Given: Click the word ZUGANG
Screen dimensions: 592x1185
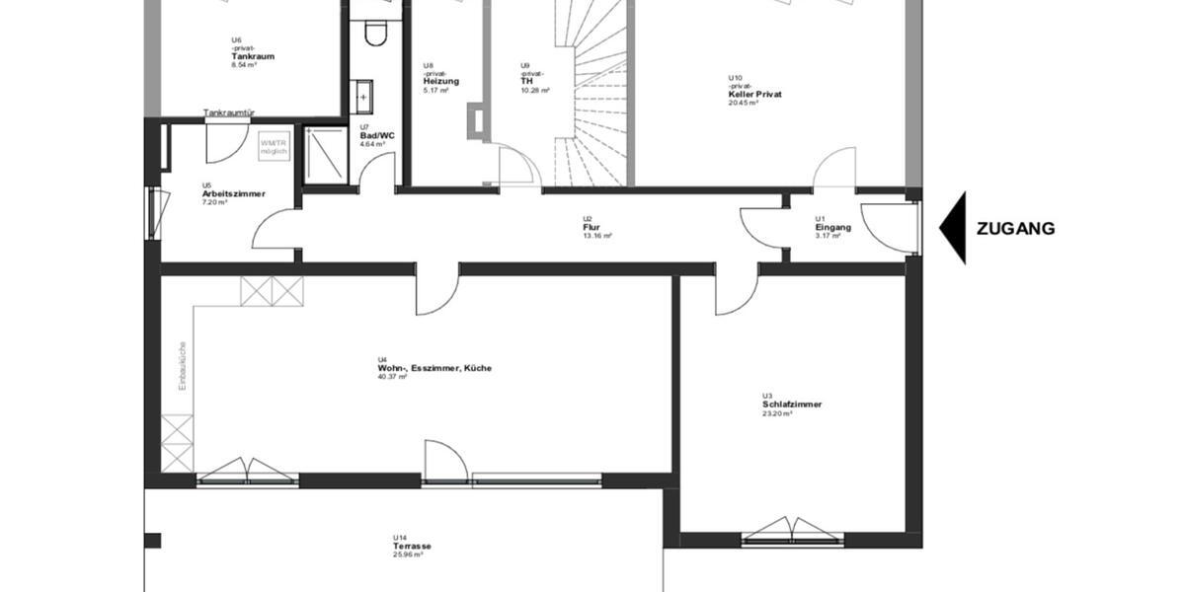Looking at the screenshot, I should pos(1015,229).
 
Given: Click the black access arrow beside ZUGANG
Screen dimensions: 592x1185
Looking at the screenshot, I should pos(953,228).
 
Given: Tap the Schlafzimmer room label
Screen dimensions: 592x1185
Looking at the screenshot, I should pos(792,405).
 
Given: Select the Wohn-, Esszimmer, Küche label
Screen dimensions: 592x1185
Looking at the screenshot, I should pos(434,368).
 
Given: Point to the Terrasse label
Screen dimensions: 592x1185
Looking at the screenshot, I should pos(412,546).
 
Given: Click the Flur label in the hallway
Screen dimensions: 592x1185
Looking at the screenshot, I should pos(592,227).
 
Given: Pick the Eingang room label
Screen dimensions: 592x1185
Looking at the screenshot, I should pos(832,227).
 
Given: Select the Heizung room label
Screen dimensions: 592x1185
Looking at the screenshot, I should pos(440,81).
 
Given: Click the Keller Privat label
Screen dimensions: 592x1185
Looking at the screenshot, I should pos(755,94).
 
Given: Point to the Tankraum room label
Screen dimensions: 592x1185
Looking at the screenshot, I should pos(253,56).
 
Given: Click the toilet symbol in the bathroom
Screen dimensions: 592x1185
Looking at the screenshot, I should pos(374,34).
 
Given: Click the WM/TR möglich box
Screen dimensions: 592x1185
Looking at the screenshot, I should pos(274,147).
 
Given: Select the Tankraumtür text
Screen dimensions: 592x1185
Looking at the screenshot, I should pos(230,113).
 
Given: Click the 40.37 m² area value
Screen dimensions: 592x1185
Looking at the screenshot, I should pos(392,377).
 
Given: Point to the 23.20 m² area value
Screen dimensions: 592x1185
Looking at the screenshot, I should pos(777,413).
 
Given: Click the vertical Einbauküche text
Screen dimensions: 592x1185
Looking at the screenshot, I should pos(183,366).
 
